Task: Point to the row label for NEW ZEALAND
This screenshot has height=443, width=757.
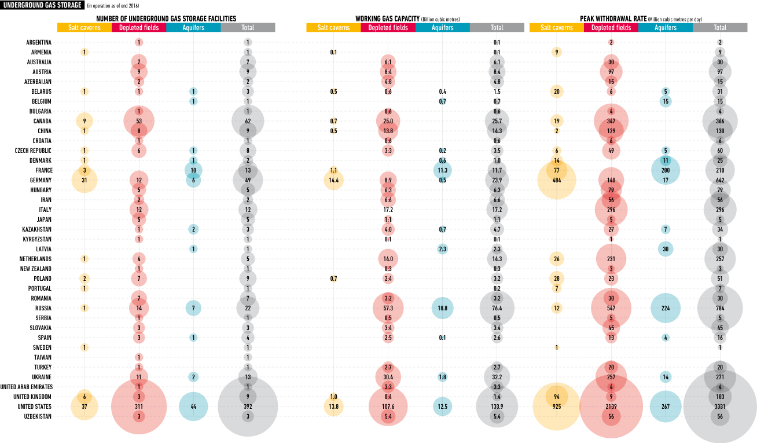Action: point(35,269)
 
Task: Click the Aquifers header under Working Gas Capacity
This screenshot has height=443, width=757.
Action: point(443,28)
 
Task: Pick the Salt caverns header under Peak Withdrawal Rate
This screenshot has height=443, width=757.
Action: point(556,28)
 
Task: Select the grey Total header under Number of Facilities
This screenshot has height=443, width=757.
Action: point(248,28)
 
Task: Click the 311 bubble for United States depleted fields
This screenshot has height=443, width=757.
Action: point(139,407)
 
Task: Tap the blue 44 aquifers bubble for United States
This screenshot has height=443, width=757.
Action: point(193,407)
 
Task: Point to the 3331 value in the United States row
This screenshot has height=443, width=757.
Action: point(720,407)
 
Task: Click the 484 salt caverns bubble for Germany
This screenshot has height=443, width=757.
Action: point(556,180)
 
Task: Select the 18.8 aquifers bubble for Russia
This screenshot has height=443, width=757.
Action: point(443,308)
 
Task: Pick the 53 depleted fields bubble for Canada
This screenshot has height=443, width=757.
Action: point(139,121)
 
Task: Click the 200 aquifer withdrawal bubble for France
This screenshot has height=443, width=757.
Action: point(666,170)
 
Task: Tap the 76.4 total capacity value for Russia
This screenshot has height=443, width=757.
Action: point(497,308)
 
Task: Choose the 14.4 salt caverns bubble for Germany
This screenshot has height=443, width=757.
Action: point(333,180)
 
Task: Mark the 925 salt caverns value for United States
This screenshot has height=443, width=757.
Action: point(556,407)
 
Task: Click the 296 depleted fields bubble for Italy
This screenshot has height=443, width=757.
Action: point(611,210)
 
